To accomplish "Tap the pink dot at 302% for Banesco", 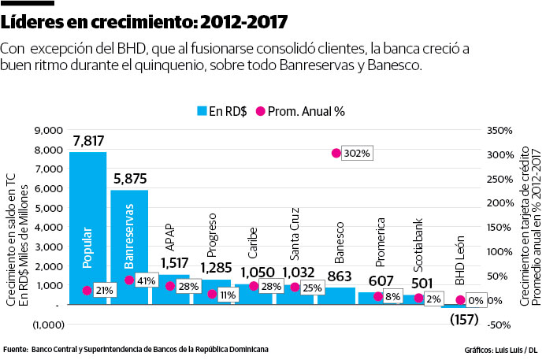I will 336,153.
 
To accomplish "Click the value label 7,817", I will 87,141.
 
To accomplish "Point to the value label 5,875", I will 129,180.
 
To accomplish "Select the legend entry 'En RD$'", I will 221,111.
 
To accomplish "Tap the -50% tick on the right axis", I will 502,325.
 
